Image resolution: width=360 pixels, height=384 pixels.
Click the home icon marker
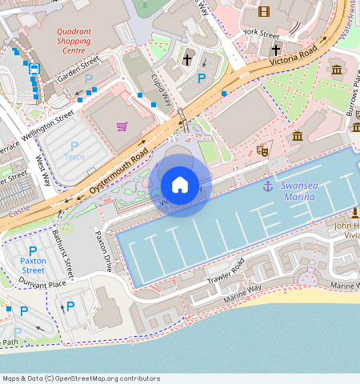click(180, 185)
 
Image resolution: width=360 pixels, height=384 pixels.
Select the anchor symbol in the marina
click(267, 186)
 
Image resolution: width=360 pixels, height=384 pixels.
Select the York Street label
click(261, 34)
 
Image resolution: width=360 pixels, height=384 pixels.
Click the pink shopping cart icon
click(122, 126)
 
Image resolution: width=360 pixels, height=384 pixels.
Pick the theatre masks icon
click(262, 149)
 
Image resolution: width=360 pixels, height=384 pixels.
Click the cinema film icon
click(264, 11)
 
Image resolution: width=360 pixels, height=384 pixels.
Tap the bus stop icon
click(34, 69)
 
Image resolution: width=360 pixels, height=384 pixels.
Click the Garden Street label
click(77, 70)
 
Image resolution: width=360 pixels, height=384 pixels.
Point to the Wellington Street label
click(54, 126)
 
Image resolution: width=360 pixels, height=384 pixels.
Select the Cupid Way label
click(162, 90)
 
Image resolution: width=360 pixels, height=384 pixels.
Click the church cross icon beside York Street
click(275, 50)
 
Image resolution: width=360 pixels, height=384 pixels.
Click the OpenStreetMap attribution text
click(80, 378)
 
